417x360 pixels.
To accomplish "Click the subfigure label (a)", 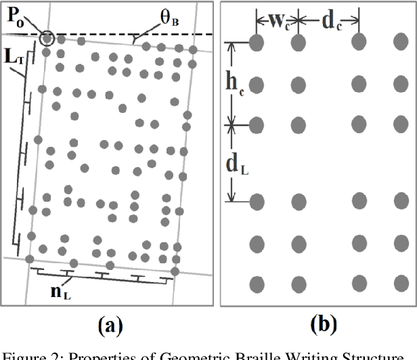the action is (x=110, y=327).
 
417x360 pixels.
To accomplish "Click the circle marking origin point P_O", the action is (x=47, y=38).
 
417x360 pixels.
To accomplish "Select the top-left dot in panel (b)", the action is (x=257, y=43).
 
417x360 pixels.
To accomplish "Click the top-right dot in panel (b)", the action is (x=400, y=43).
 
